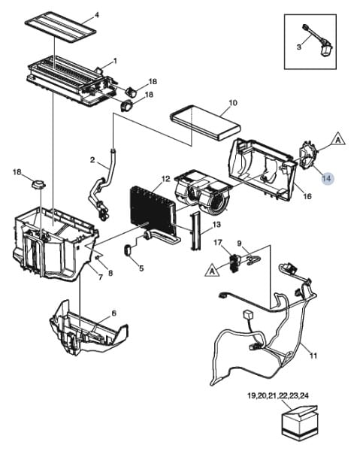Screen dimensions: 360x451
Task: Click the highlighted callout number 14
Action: tap(327, 178)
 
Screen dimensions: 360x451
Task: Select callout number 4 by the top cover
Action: tap(97, 15)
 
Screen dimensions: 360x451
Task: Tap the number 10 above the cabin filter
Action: tap(233, 103)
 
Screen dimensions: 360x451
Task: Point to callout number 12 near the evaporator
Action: tap(166, 179)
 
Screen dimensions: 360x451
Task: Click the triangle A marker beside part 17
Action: tap(212, 271)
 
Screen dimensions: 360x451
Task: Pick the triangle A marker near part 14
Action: tap(338, 139)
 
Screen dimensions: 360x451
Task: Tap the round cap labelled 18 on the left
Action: tap(39, 183)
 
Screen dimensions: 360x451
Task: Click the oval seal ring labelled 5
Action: tap(128, 250)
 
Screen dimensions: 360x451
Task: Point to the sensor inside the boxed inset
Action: tap(318, 41)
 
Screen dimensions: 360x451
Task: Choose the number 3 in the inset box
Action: tap(299, 47)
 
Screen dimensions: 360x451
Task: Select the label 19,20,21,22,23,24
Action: tap(278, 396)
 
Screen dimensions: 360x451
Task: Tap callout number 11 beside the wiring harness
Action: tap(313, 356)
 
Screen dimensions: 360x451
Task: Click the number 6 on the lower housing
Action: tap(114, 313)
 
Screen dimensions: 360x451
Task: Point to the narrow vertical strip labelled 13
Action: tap(195, 231)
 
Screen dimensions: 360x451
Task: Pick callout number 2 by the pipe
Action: tap(92, 159)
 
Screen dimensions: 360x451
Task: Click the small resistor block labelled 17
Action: tap(234, 263)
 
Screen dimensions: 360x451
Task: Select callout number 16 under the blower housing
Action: tap(307, 196)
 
